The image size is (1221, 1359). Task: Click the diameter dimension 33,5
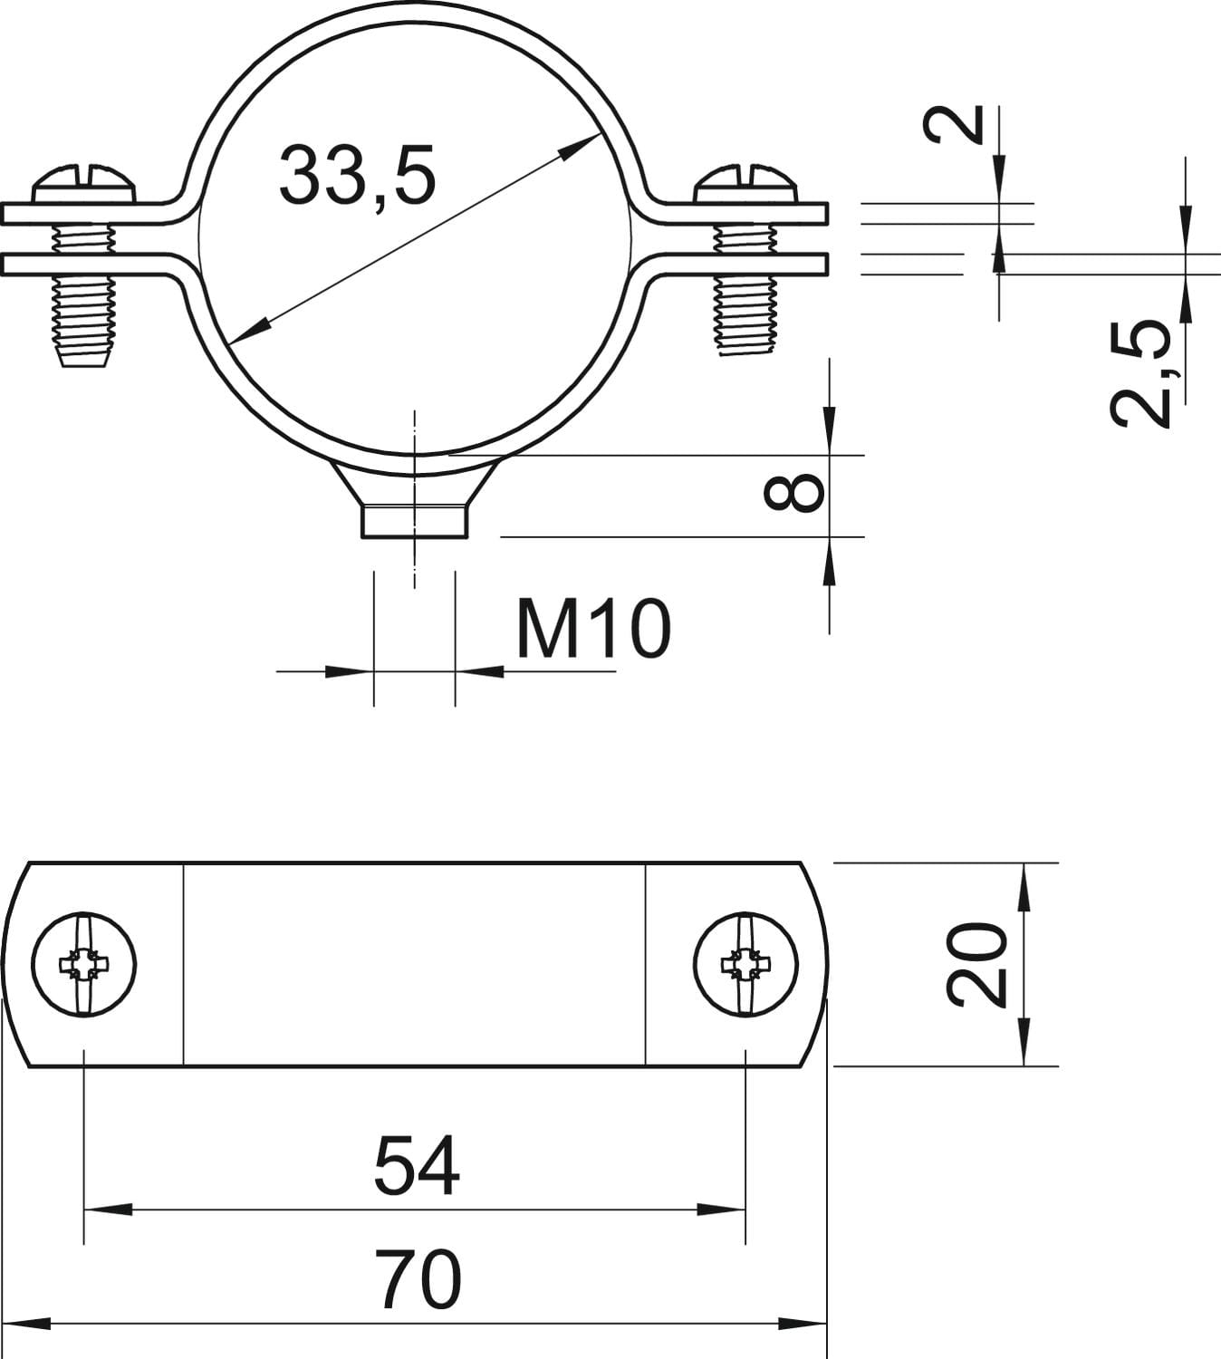(357, 176)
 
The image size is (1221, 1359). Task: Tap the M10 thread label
(593, 629)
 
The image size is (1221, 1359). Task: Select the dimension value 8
(794, 493)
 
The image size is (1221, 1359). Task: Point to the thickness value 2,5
(1140, 372)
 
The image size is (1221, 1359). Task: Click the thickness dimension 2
(954, 125)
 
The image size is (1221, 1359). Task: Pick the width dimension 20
(976, 965)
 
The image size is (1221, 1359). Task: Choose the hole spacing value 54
(417, 1168)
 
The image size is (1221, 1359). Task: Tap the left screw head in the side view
(84, 184)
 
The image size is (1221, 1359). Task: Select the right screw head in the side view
(746, 184)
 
